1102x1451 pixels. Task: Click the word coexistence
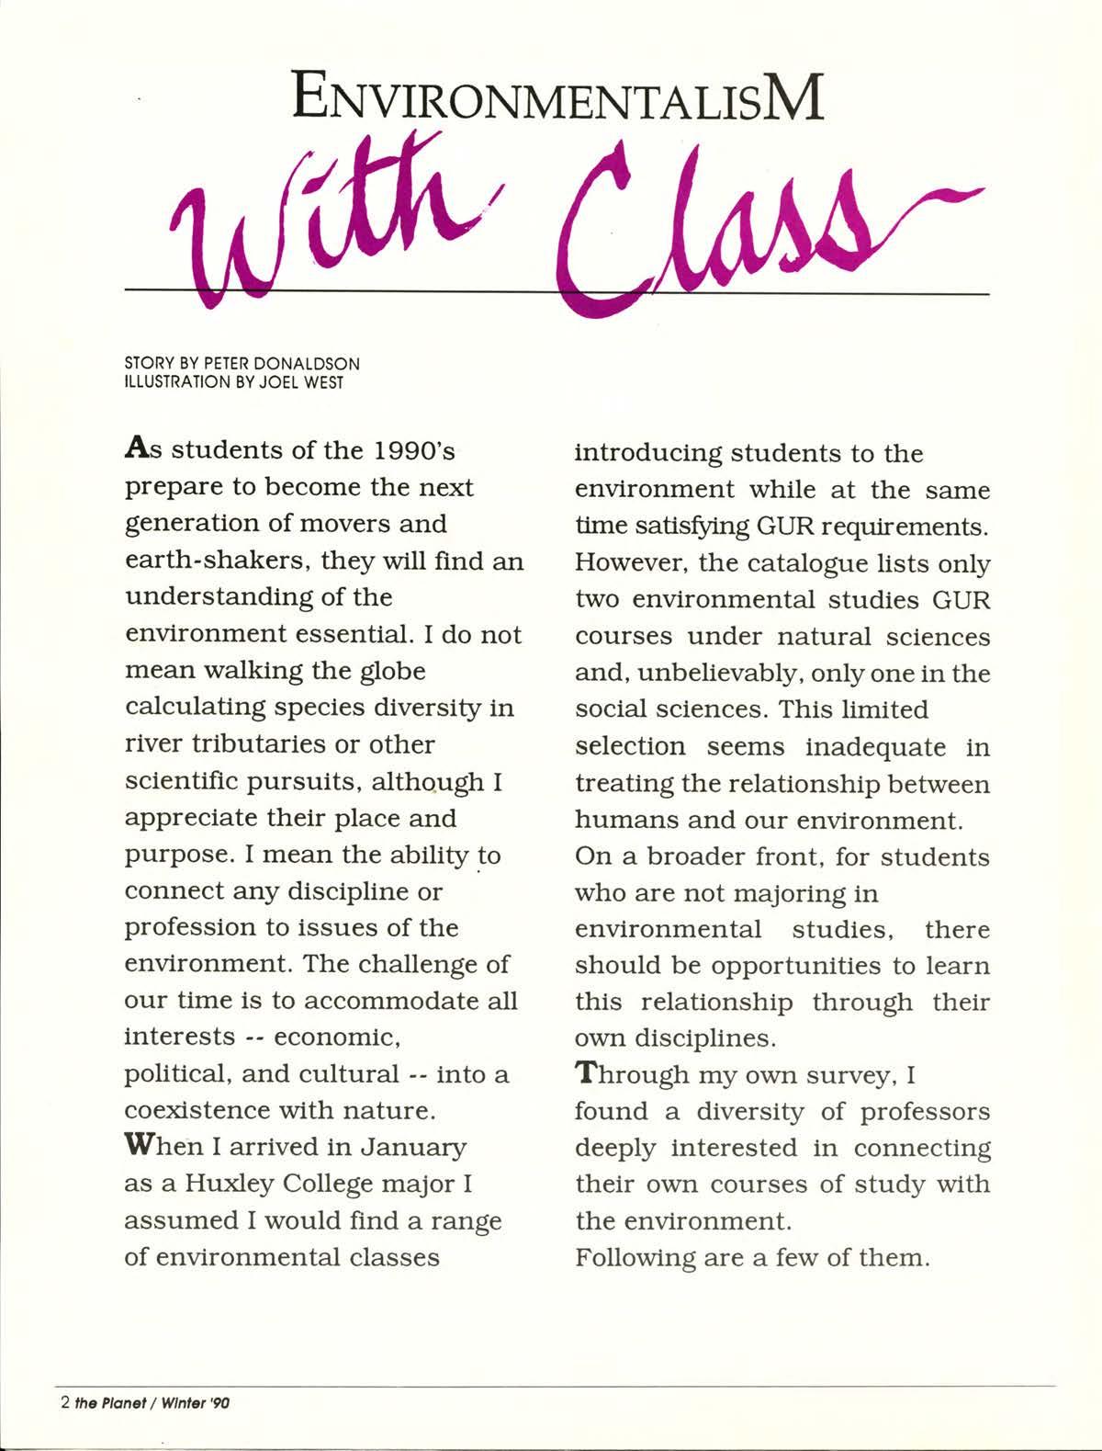[x=197, y=1111]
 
